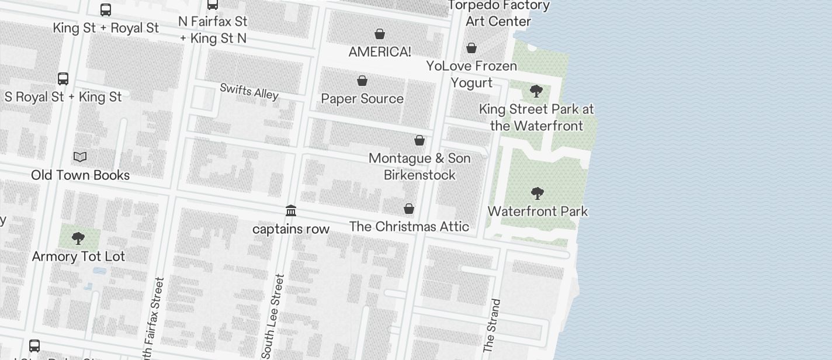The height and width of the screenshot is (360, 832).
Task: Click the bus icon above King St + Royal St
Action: point(106,10)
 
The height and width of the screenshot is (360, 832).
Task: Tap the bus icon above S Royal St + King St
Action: point(63,79)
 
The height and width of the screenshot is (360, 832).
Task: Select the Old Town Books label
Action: point(80,175)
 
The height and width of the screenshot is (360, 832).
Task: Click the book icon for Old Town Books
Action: point(80,157)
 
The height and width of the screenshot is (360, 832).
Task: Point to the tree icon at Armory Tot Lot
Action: point(78,238)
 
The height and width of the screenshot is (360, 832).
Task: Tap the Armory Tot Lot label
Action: point(78,256)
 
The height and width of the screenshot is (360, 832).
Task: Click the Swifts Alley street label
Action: point(249,91)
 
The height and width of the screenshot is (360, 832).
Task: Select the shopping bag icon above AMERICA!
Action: point(380,34)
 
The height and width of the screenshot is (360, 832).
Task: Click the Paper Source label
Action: point(362,98)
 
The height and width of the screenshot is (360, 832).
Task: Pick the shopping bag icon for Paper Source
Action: point(362,81)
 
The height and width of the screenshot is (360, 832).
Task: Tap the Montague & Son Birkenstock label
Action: point(420,167)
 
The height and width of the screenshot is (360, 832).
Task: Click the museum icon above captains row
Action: point(291,210)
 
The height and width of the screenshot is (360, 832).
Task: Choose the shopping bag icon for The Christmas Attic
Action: point(409,209)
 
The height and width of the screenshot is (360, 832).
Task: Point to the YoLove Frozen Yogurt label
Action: point(472,74)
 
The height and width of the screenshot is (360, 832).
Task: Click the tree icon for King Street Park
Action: point(536,91)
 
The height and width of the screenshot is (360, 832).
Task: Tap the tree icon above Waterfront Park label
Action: point(537,193)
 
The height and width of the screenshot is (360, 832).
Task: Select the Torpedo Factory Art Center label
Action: point(498,13)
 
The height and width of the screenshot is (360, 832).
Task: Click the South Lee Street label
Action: point(273,316)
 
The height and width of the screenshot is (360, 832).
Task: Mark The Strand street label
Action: point(492,326)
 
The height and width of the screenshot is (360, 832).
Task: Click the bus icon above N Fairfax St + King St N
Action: point(213,5)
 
